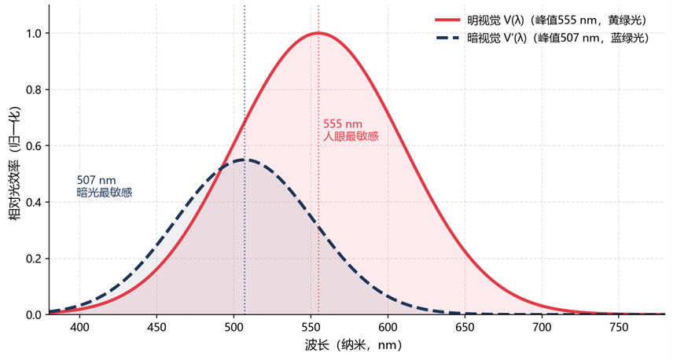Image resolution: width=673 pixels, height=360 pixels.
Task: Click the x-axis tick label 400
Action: pyautogui.click(x=79, y=328)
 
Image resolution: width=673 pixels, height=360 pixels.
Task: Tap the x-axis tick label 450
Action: pyautogui.click(x=156, y=328)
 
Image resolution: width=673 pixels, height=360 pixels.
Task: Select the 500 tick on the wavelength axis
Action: pyautogui.click(x=234, y=328)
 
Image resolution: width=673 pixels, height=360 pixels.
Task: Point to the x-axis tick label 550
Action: pyautogui.click(x=311, y=328)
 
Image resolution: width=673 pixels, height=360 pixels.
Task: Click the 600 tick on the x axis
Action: pyautogui.click(x=388, y=328)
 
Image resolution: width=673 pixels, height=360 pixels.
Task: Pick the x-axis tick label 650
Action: pyautogui.click(x=465, y=328)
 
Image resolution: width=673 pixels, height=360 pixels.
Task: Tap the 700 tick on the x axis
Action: pyautogui.click(x=542, y=328)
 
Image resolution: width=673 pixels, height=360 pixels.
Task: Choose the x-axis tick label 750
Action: pyautogui.click(x=619, y=328)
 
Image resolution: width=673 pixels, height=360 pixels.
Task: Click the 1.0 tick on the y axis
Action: pyautogui.click(x=35, y=34)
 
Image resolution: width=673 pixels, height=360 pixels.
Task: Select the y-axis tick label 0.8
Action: pyautogui.click(x=35, y=90)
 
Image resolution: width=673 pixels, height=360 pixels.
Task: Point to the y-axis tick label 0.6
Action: pyautogui.click(x=35, y=146)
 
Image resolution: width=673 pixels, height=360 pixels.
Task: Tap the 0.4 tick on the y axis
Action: pyautogui.click(x=35, y=202)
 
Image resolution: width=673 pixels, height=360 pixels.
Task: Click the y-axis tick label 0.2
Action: pyautogui.click(x=35, y=259)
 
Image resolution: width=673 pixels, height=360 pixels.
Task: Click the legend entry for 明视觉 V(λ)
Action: pyautogui.click(x=541, y=20)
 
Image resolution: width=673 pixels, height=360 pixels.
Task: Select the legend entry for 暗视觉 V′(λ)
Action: pyautogui.click(x=542, y=39)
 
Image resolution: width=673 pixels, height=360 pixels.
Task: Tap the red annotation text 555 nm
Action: pyautogui.click(x=343, y=124)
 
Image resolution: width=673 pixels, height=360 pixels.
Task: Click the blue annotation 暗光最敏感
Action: pyautogui.click(x=105, y=193)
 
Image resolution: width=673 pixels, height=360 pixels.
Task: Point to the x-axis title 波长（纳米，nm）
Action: pyautogui.click(x=353, y=345)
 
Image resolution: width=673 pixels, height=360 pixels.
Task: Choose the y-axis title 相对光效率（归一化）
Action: pyautogui.click(x=15, y=163)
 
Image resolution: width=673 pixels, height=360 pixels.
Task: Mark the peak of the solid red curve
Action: pyautogui.click(x=318, y=32)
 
